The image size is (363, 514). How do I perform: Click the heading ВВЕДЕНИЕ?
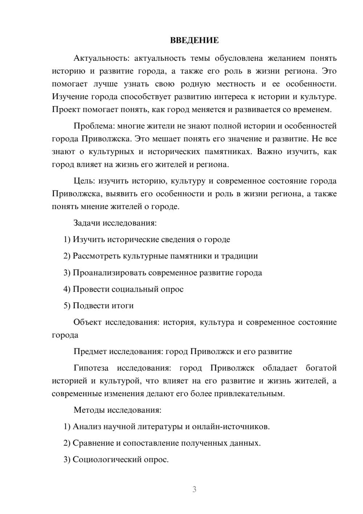coord(194,40)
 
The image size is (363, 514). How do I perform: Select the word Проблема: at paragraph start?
coord(94,126)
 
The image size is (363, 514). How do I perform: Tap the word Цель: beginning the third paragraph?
coord(84,181)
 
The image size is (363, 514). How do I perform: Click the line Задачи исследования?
coord(115,223)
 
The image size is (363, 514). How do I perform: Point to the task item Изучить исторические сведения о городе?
coord(151,240)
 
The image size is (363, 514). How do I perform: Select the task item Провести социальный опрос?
coord(128,289)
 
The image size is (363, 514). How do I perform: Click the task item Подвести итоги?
coord(103,306)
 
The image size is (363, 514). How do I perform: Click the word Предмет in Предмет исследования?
coord(90,352)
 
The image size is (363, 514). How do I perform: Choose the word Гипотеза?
coord(91,368)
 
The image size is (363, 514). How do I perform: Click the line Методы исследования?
coord(117,410)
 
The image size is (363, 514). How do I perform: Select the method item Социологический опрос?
coord(121,460)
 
